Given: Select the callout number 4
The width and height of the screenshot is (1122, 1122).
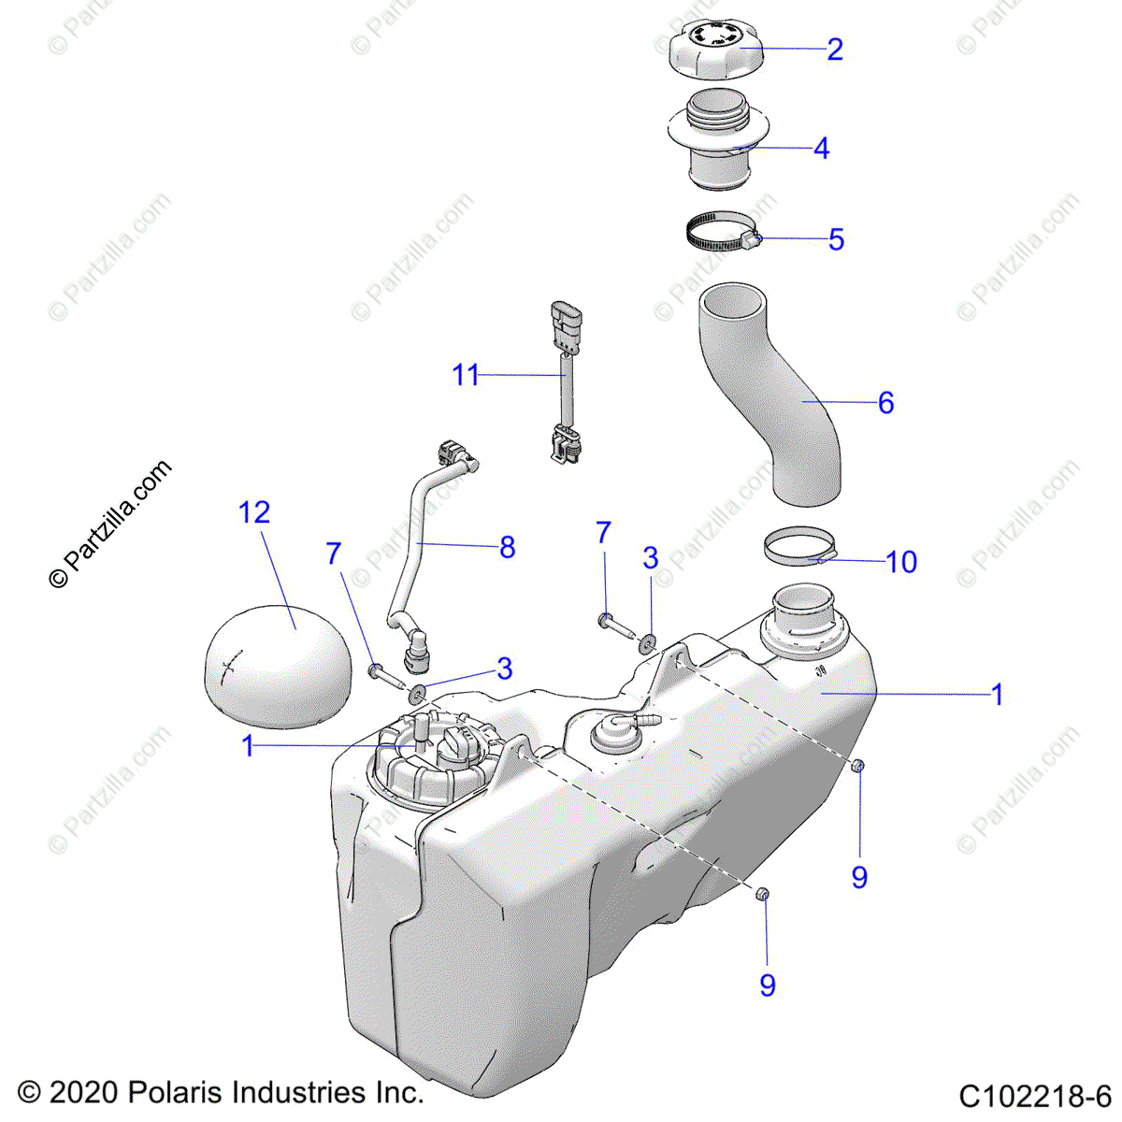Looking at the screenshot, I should [x=821, y=149].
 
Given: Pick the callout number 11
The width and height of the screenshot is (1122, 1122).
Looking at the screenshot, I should [x=466, y=375].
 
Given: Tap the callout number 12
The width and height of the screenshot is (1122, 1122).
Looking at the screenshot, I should [x=254, y=512].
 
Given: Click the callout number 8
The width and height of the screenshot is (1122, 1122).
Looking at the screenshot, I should [x=508, y=547].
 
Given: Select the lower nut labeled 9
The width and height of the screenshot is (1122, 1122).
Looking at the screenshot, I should [x=762, y=897].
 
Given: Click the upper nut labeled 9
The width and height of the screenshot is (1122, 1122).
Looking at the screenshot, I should [x=856, y=767].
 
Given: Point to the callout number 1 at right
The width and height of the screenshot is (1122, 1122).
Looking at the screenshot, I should [x=998, y=695].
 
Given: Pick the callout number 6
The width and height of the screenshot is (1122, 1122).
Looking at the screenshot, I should [x=885, y=403].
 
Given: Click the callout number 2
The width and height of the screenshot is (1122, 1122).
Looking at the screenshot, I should [x=835, y=50].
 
